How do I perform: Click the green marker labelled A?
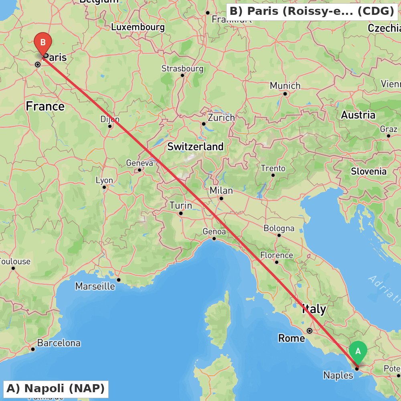click(358, 352)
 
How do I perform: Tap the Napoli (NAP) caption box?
click(56, 389)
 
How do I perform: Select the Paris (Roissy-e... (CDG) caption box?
click(312, 11)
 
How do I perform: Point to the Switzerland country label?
click(195, 147)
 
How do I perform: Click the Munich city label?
click(285, 86)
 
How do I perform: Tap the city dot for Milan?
click(221, 198)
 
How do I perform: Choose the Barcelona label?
click(59, 343)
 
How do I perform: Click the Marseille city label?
click(95, 286)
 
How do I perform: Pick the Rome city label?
click(292, 338)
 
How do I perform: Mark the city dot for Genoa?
click(214, 239)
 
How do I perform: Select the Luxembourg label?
click(138, 28)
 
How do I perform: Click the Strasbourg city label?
click(182, 69)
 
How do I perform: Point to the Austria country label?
click(358, 115)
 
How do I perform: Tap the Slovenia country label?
click(369, 172)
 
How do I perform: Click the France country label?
click(45, 107)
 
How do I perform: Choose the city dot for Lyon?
click(104, 187)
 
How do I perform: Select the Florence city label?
click(277, 255)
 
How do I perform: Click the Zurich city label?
click(221, 118)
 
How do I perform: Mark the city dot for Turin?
click(181, 213)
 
